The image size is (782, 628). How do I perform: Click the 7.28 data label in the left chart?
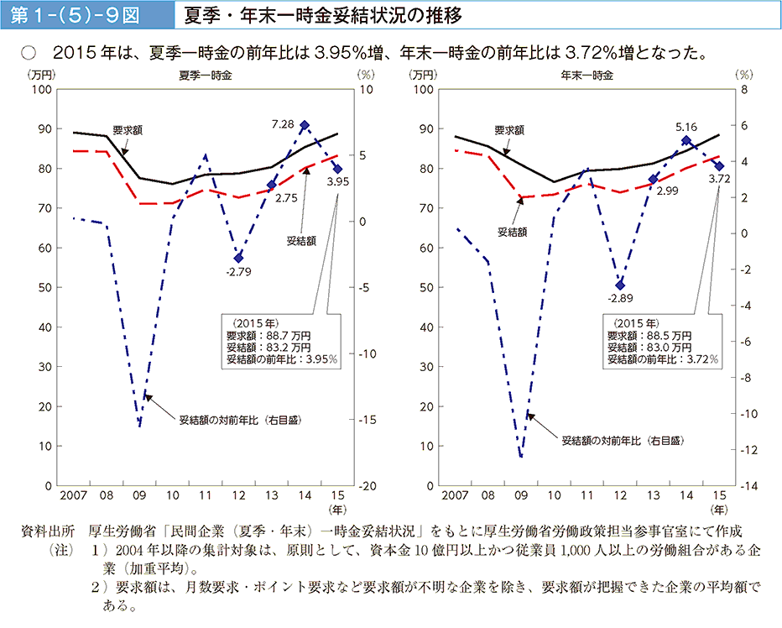click(x=282, y=124)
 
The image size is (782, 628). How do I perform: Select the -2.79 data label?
click(x=238, y=271)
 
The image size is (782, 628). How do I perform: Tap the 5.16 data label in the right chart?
click(x=686, y=127)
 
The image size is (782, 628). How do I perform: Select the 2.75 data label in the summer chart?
click(x=286, y=198)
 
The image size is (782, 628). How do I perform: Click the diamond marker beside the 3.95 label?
click(x=337, y=168)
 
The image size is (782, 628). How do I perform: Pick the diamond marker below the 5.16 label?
click(x=686, y=141)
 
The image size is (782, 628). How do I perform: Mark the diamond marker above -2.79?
click(x=238, y=258)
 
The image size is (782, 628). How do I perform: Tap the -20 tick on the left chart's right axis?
click(x=366, y=486)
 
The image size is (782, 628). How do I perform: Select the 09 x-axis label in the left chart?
click(x=139, y=497)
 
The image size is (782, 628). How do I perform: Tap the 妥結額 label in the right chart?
click(x=512, y=231)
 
